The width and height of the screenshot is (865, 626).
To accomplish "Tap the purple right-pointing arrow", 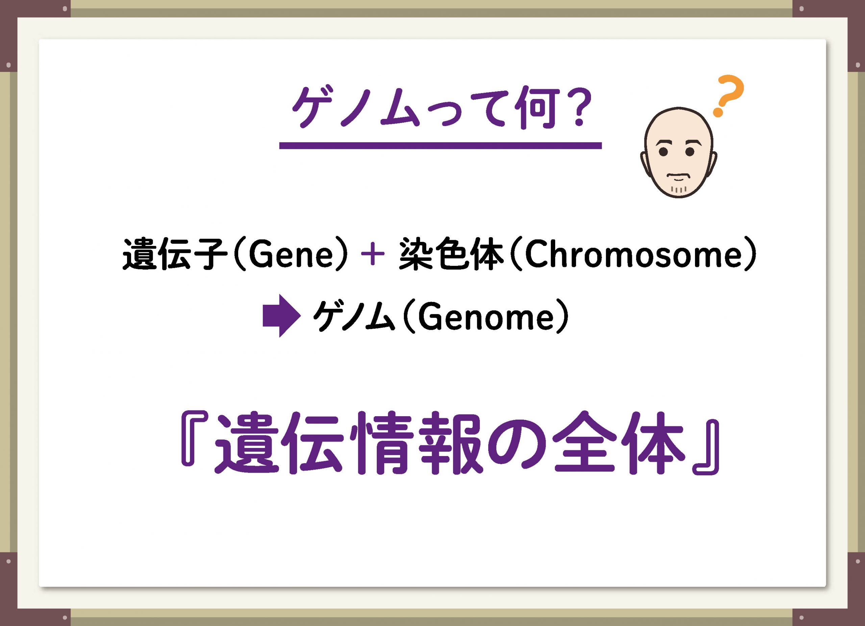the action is (281, 316).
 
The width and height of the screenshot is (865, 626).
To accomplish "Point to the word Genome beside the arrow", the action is (486, 317).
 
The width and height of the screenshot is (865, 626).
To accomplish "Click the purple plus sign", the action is (373, 255).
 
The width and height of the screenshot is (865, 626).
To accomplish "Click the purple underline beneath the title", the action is (440, 145).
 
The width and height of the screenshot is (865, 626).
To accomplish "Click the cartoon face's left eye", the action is (664, 152).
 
